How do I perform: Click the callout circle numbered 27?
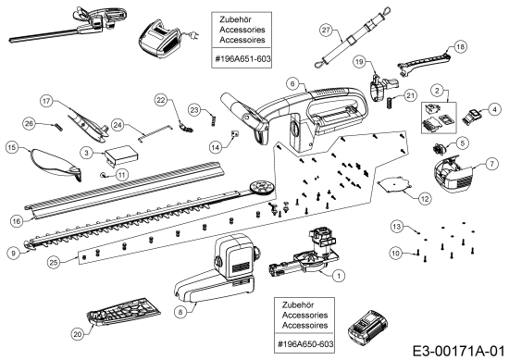coord(327,31)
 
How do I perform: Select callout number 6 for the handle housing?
coord(292,83)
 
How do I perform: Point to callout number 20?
coord(77,334)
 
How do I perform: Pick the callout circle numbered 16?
coord(17,221)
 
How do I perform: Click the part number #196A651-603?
coord(242,58)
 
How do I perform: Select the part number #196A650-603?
coord(305,343)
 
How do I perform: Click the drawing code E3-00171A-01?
coord(459,352)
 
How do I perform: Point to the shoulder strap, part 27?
coord(353,37)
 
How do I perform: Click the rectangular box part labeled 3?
coord(121,155)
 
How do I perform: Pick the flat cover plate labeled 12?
coord(395,184)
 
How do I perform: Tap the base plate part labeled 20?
coord(124,311)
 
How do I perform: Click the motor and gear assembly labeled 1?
coord(304,253)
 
